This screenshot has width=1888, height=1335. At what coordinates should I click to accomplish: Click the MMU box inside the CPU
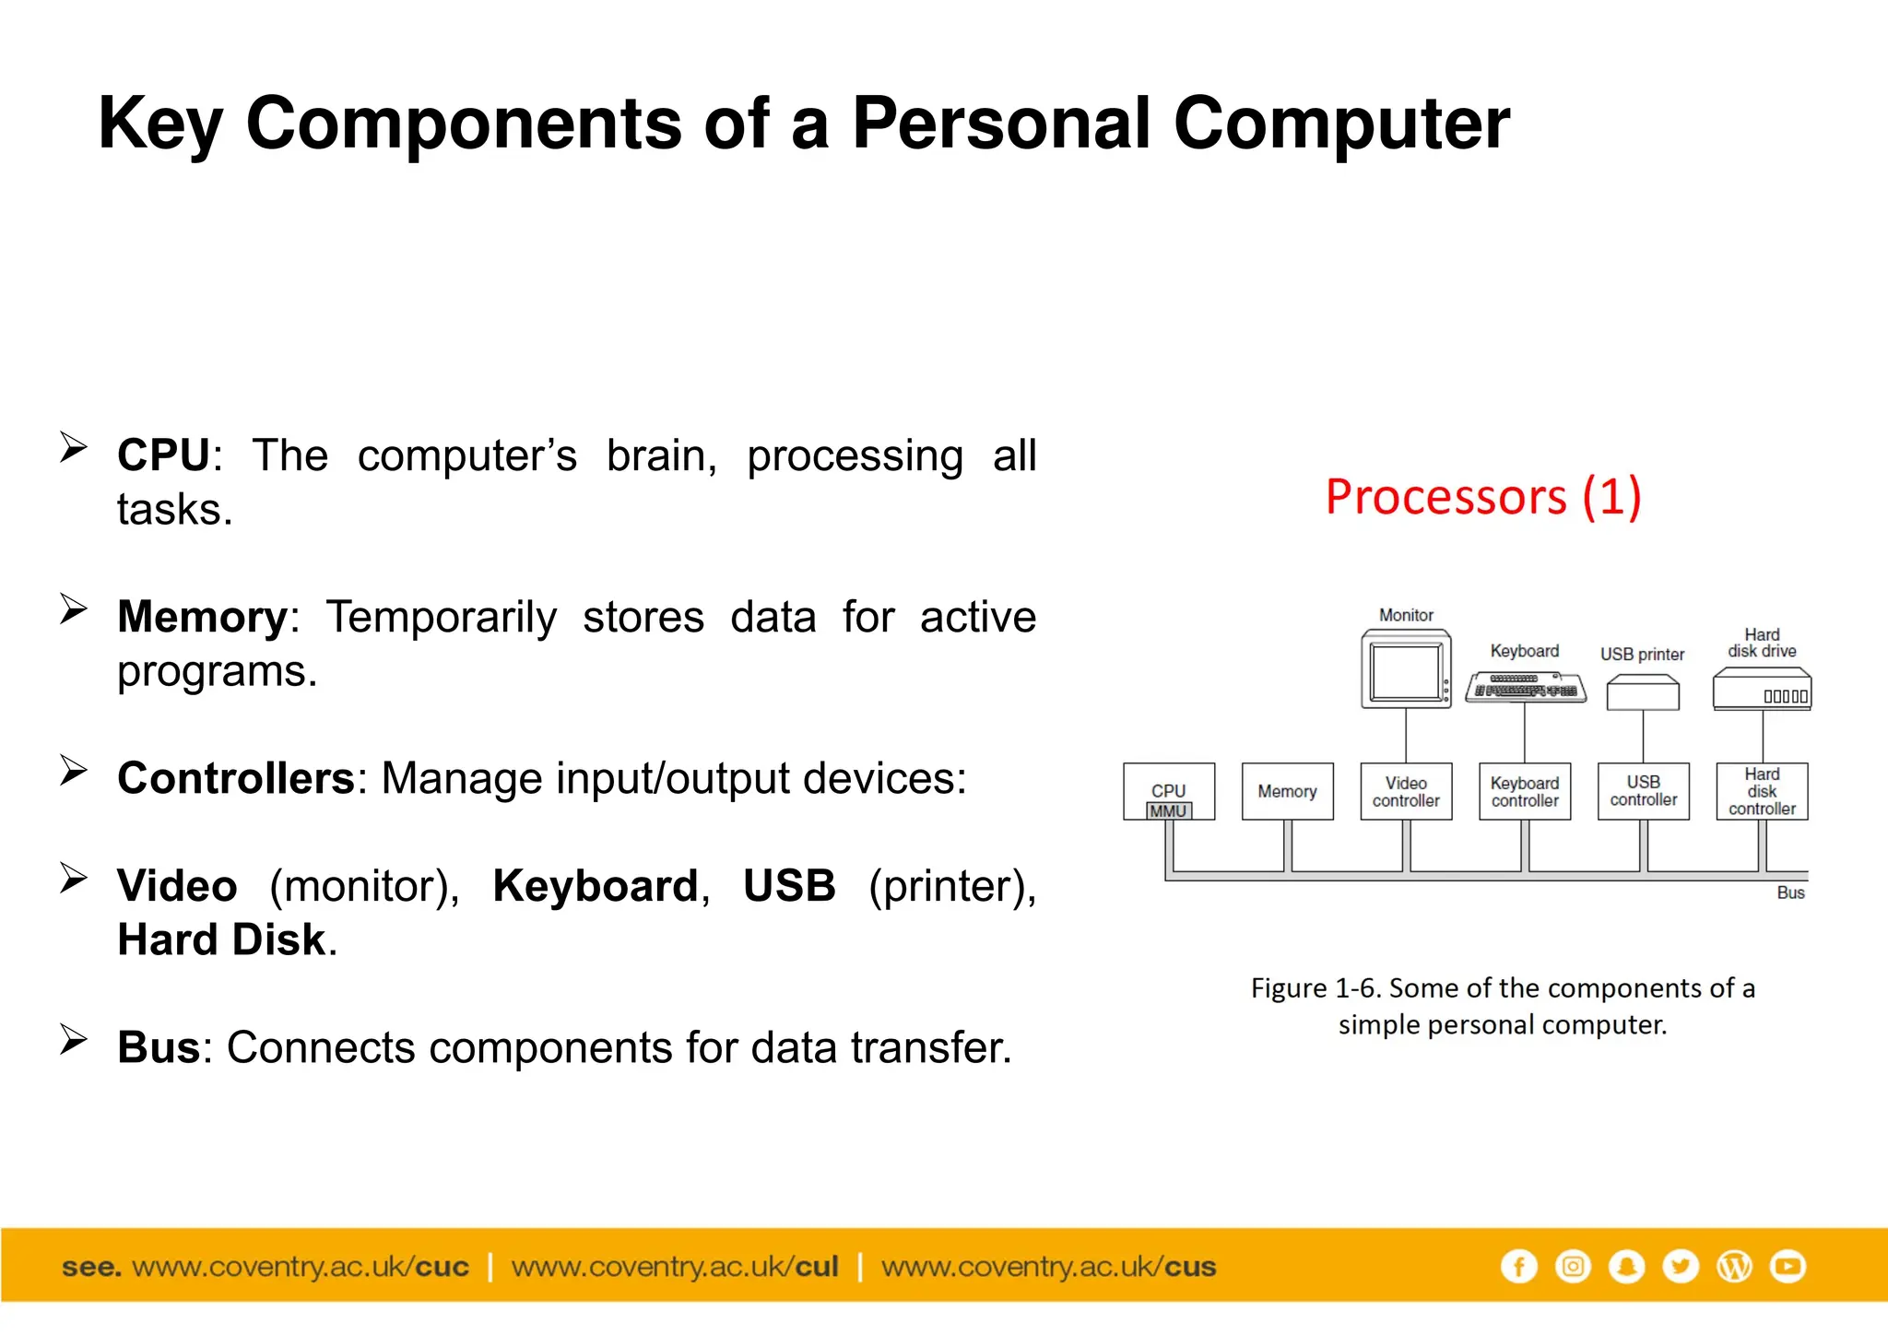point(1168,811)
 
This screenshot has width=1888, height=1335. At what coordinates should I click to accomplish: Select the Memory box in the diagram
point(1287,791)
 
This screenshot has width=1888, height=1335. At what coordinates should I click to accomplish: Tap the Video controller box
point(1406,791)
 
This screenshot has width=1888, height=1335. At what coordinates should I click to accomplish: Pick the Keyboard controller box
point(1525,791)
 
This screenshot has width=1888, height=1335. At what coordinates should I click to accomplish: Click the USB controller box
point(1643,791)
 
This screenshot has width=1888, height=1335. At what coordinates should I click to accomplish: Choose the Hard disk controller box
point(1762,791)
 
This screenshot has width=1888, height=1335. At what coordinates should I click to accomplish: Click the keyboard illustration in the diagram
point(1526,688)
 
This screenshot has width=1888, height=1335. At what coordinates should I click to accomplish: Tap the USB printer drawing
point(1643,693)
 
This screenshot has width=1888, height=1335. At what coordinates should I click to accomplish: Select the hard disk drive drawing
point(1762,690)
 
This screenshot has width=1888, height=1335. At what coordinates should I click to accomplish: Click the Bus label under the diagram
point(1790,892)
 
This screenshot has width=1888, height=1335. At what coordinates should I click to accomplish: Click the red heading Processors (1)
point(1483,497)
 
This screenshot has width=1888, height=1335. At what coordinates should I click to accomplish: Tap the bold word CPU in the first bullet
point(164,455)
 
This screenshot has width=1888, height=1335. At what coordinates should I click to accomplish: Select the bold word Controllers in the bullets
point(236,778)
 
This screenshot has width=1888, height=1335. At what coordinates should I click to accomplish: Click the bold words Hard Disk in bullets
point(221,939)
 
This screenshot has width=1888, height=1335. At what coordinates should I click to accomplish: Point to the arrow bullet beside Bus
point(73,1039)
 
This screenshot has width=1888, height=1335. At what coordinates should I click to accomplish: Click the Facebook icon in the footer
point(1518,1266)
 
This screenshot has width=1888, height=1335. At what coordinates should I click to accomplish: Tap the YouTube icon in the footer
point(1788,1266)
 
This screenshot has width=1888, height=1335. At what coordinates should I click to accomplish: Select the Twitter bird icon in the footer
point(1681,1266)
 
